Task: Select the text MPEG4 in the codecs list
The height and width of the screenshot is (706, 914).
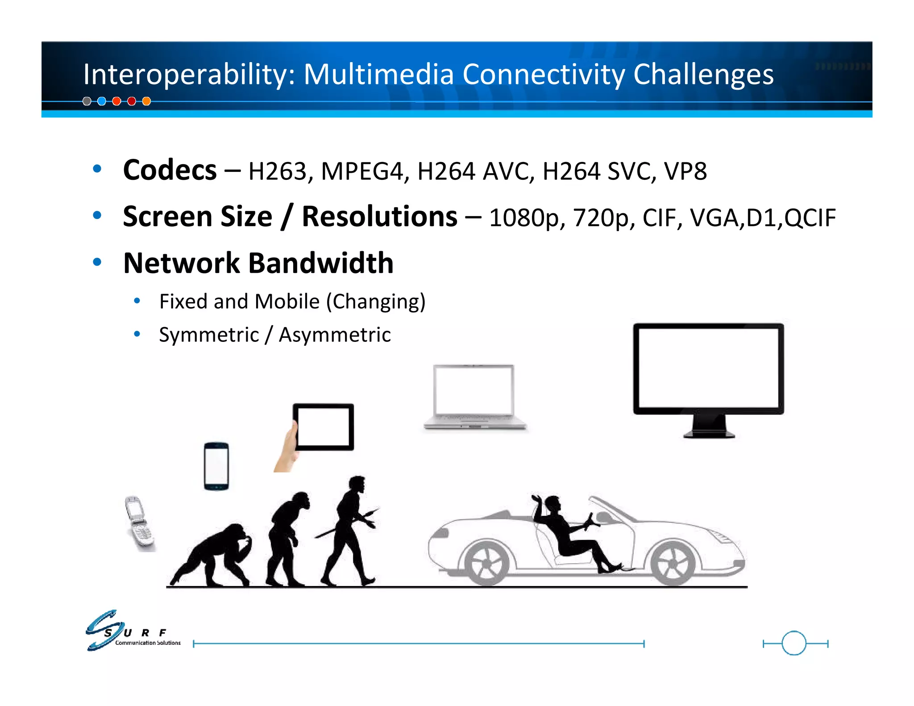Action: pyautogui.click(x=361, y=171)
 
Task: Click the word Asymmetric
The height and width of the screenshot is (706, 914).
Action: pyautogui.click(x=335, y=335)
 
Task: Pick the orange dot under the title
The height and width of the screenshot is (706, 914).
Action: pyautogui.click(x=146, y=101)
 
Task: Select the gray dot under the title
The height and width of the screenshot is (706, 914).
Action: pyautogui.click(x=87, y=101)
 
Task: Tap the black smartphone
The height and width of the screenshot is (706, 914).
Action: pyautogui.click(x=216, y=466)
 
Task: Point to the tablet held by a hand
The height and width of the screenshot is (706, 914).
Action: pyautogui.click(x=323, y=427)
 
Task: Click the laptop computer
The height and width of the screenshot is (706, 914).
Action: pyautogui.click(x=475, y=397)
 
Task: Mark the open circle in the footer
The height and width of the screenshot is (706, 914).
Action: pyautogui.click(x=794, y=643)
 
